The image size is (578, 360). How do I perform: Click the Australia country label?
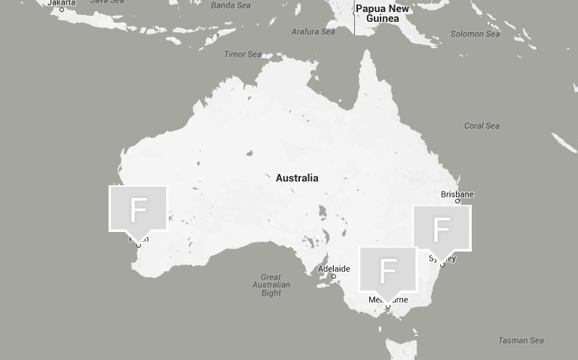pos(297,178)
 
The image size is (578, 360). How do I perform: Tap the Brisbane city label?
pos(457,194)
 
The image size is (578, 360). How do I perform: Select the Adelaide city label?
pos(334,269)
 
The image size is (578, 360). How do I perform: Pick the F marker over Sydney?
pos(442,227)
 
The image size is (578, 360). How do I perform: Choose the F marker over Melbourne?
pos(387,269)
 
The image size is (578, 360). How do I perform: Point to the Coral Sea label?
pos(482,126)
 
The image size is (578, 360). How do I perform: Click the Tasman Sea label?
pos(521,340)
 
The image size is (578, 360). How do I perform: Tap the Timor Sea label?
pos(243,54)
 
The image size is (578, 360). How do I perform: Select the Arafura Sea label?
pos(313,32)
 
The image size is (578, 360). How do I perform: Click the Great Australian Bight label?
pos(271,285)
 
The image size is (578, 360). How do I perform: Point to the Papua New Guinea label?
pos(382,14)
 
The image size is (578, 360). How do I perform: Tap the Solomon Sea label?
pos(475,34)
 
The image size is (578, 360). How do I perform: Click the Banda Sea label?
pos(231,5)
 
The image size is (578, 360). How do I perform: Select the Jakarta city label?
pos(62,3)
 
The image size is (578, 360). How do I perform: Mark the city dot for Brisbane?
pos(457,201)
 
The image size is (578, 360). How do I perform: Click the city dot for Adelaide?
pos(334,276)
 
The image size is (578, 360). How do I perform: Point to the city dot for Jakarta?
pos(62,10)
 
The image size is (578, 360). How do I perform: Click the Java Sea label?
pos(107,2)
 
